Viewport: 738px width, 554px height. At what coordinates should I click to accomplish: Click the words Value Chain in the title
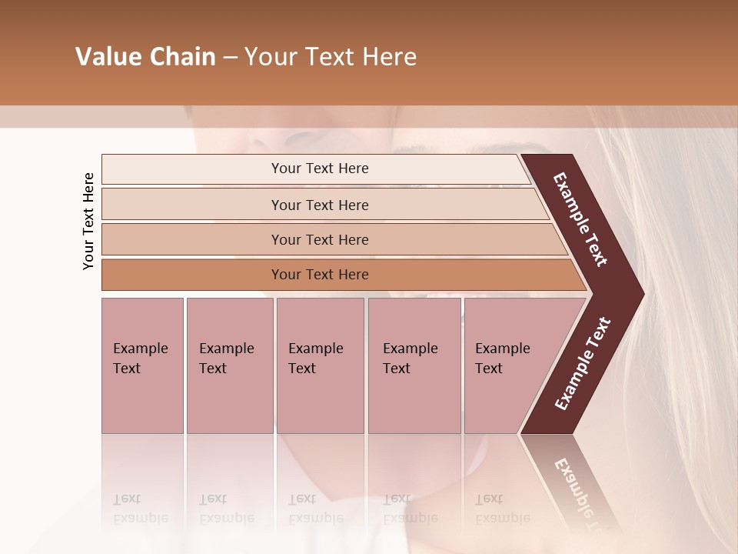(x=145, y=57)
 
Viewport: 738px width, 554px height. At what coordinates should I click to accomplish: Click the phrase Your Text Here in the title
(x=331, y=57)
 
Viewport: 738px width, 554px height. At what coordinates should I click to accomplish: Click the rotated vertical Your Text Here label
(x=88, y=221)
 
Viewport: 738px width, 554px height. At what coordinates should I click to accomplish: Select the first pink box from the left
(x=142, y=365)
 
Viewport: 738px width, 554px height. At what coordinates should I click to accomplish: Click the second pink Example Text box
(x=229, y=365)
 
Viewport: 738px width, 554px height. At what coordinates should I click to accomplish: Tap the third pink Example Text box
(x=320, y=365)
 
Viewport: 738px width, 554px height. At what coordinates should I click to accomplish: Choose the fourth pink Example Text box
(x=414, y=365)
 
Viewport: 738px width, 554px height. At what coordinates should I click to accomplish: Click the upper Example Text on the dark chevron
(x=580, y=219)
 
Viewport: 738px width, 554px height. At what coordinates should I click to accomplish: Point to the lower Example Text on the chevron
(x=582, y=364)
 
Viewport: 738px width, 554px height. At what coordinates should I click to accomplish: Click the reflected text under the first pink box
(x=140, y=509)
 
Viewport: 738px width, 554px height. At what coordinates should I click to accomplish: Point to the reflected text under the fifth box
(x=502, y=509)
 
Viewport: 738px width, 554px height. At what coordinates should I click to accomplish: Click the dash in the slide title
(x=230, y=58)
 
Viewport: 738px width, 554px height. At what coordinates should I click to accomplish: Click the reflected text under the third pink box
(x=315, y=509)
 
